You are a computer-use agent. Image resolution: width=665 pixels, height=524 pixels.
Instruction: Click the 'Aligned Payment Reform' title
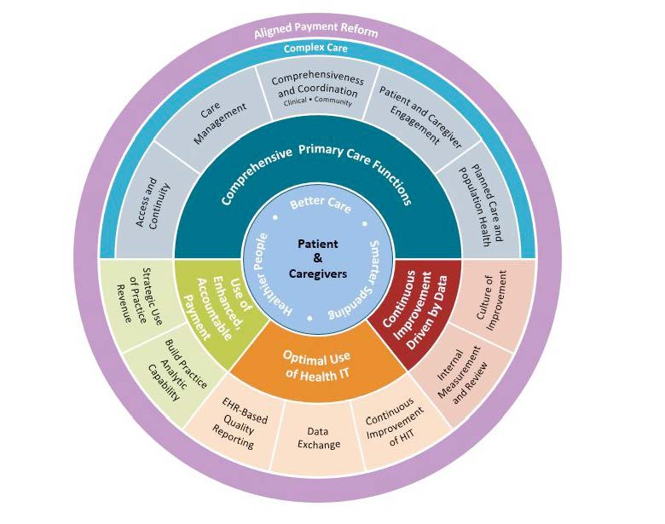point(315,32)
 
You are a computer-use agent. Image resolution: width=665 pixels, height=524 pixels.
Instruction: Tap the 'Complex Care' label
point(316,49)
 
